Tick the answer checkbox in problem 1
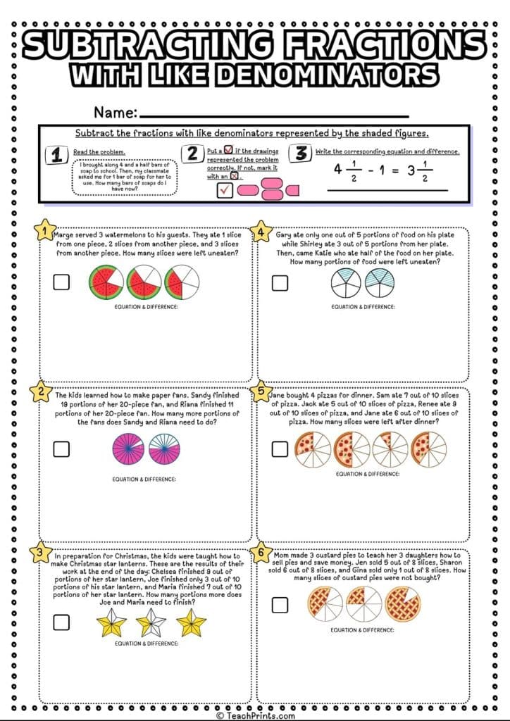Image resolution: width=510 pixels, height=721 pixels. pyautogui.click(x=61, y=282)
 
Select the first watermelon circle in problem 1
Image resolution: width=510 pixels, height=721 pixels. pyautogui.click(x=106, y=282)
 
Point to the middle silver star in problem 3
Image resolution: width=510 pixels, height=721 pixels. pyautogui.click(x=151, y=622)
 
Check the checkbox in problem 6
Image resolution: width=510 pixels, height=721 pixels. pyautogui.click(x=280, y=604)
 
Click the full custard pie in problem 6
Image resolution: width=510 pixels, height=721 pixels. pyautogui.click(x=402, y=604)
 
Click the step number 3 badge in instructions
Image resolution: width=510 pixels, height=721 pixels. pyautogui.click(x=301, y=153)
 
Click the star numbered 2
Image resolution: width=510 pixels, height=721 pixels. pyautogui.click(x=43, y=393)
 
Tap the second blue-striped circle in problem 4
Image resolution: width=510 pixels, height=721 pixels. pyautogui.click(x=380, y=282)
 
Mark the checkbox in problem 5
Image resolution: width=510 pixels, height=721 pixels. pyautogui.click(x=280, y=449)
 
